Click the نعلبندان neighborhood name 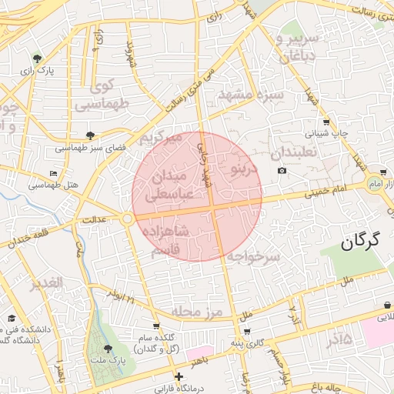(x=295, y=152)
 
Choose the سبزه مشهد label (x=252, y=94)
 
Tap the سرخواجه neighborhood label (x=252, y=255)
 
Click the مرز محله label (x=196, y=311)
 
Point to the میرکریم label (x=160, y=138)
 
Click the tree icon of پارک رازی (x=37, y=58)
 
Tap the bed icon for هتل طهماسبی (x=52, y=174)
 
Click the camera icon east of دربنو (x=282, y=171)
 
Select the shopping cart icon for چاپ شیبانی (x=326, y=122)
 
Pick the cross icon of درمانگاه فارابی (x=179, y=377)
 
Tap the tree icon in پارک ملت (x=107, y=349)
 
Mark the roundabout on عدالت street (x=127, y=219)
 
